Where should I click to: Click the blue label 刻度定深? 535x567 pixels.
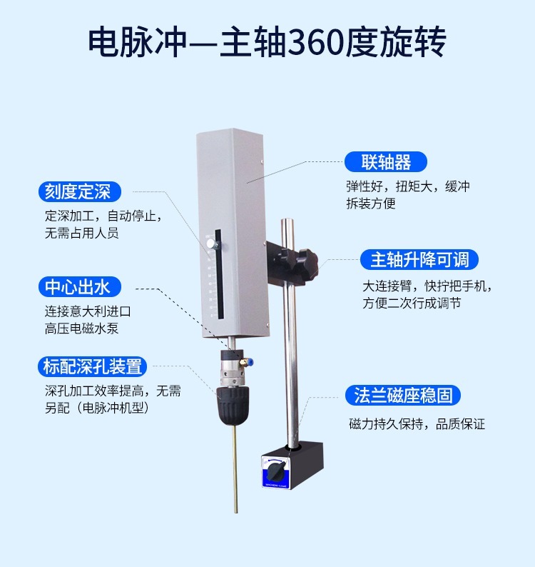[x=79, y=191]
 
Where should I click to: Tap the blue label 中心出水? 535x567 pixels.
[x=79, y=287]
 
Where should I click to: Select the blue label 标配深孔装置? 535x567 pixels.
[x=93, y=366]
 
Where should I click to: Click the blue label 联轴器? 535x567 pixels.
[x=386, y=161]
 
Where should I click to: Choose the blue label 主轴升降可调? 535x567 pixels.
[x=419, y=259]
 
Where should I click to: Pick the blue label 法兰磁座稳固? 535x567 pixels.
[x=403, y=395]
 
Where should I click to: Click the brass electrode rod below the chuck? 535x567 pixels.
[x=235, y=468]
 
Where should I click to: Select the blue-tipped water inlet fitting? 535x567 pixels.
[x=247, y=362]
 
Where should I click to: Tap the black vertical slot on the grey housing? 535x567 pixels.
[x=219, y=274]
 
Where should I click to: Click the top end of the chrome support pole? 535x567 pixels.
[x=287, y=219]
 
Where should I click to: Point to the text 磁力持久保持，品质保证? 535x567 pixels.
[x=417, y=423]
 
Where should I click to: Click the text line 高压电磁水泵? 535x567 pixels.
[x=81, y=328]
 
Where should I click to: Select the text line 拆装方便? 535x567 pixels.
[x=371, y=204]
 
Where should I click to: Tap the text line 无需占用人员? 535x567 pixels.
[x=81, y=233]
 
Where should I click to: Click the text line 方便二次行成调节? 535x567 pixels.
[x=412, y=303]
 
